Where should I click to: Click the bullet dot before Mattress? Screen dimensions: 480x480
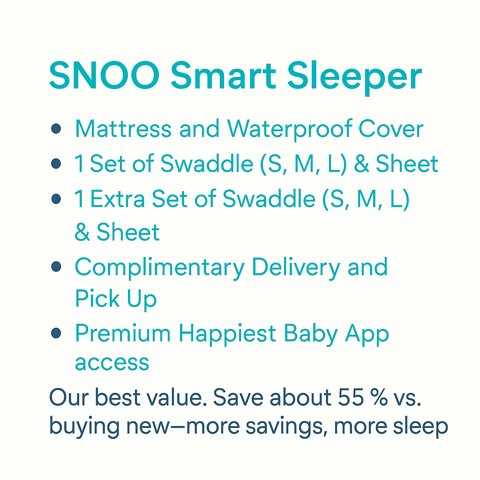[x=56, y=129]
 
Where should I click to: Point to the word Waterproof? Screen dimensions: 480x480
[x=290, y=129]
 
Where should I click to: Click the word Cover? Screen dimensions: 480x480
[x=391, y=129]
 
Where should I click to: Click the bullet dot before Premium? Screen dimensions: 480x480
[x=56, y=333]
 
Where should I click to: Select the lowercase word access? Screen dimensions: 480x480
[x=112, y=363]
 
